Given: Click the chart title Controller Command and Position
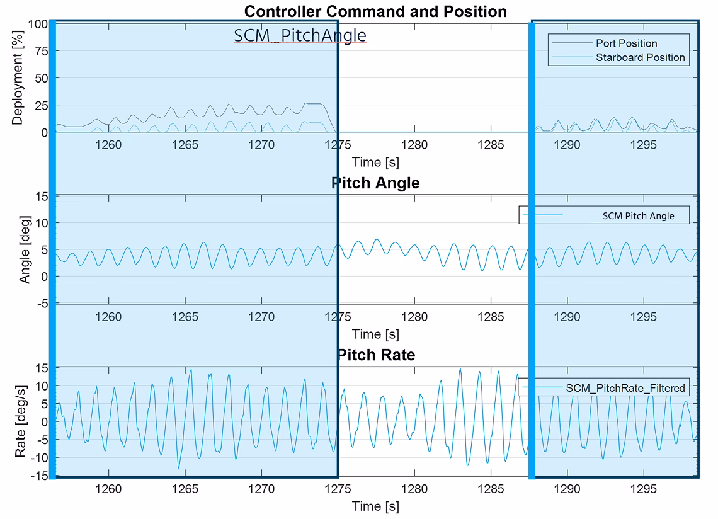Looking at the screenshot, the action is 375,11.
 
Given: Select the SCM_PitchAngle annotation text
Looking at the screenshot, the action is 300,35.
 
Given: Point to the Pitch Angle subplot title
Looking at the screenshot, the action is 375,183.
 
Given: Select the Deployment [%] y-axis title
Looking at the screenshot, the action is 18,77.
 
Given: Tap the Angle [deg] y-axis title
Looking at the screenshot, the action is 25,249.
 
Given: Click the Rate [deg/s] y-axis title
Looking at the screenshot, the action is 20,421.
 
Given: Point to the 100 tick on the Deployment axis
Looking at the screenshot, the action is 38,24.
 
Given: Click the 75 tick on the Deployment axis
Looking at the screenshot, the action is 41,51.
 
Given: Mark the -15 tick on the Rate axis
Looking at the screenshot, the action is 40,476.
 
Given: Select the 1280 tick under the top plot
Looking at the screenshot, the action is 414,145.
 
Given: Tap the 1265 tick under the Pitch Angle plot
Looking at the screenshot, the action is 185,317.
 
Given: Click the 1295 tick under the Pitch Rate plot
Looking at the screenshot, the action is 643,489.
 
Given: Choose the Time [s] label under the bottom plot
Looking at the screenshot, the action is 375,506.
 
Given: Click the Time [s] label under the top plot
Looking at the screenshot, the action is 375,162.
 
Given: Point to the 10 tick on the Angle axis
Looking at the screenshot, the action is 42,223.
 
